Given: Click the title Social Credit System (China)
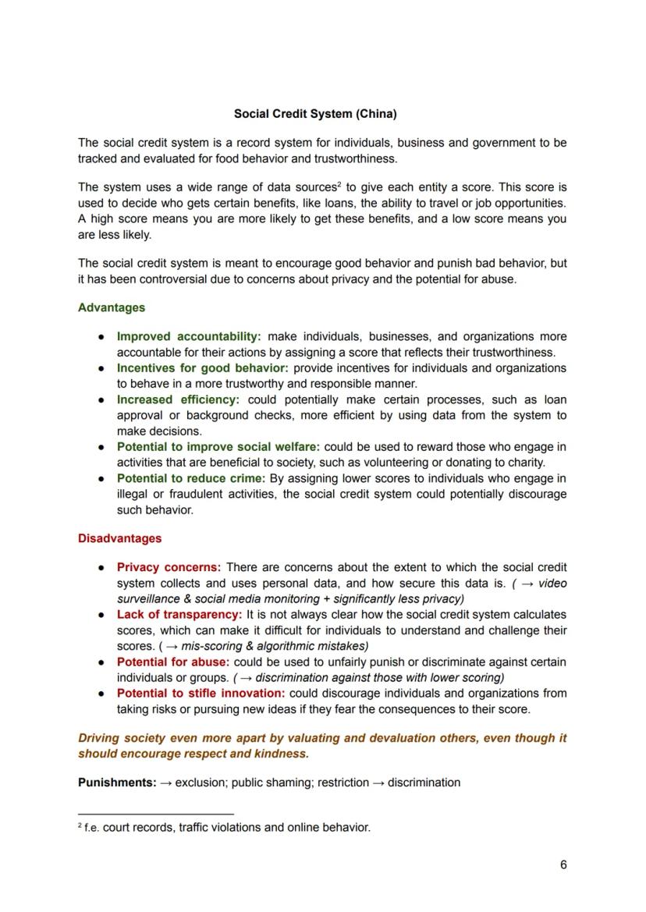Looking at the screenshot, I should click(x=315, y=114).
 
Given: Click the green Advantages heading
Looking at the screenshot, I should click(x=112, y=307).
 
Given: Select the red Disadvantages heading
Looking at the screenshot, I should click(x=119, y=538).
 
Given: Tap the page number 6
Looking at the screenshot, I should click(x=563, y=864).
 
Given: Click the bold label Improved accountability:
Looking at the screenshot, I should click(x=189, y=336).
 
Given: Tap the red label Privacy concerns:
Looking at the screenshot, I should click(x=169, y=567).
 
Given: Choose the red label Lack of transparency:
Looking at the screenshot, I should click(x=179, y=615).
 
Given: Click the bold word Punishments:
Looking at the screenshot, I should click(x=117, y=782).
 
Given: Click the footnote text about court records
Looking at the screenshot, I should click(x=226, y=827).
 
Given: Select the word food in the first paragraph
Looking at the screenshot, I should click(x=309, y=158).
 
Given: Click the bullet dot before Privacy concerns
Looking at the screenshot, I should click(x=102, y=568).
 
